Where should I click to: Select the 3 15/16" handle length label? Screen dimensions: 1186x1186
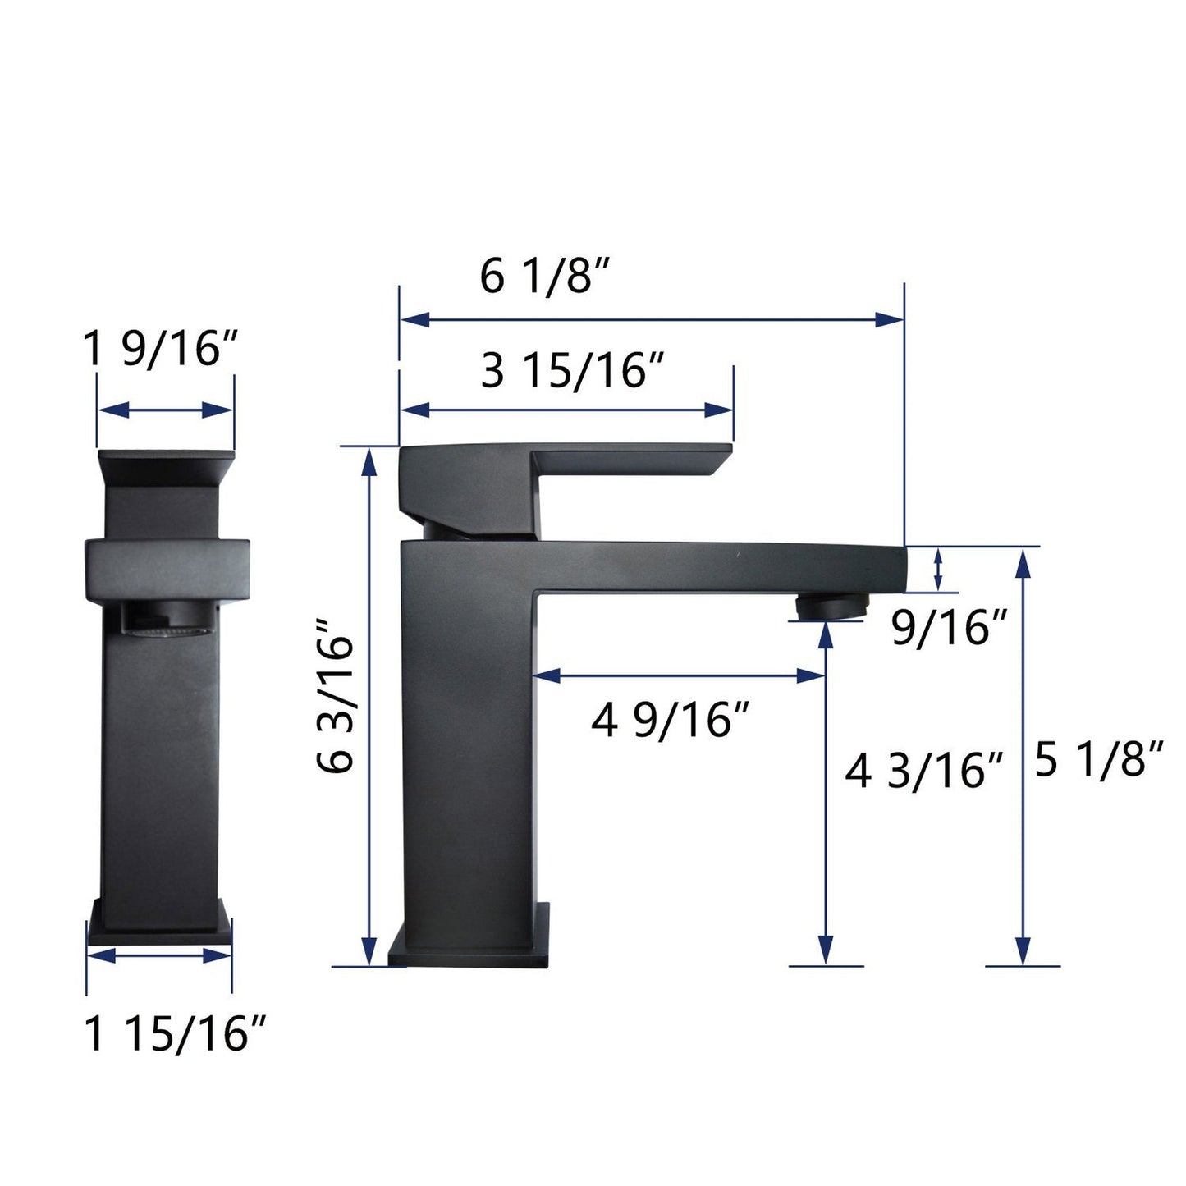coord(572,371)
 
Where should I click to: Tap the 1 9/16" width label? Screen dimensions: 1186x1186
coord(160,350)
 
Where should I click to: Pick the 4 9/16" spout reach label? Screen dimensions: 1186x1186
coord(671,721)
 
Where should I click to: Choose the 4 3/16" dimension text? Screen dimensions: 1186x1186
coord(924,772)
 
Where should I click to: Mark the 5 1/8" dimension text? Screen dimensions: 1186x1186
coord(1099,761)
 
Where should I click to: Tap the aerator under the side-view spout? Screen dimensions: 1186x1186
coord(829,607)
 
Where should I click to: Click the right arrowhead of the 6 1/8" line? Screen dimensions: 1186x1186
coord(889,320)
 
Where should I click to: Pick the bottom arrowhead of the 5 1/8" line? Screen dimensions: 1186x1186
coord(1023,952)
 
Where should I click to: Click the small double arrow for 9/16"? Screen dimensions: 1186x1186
coord(938,568)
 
